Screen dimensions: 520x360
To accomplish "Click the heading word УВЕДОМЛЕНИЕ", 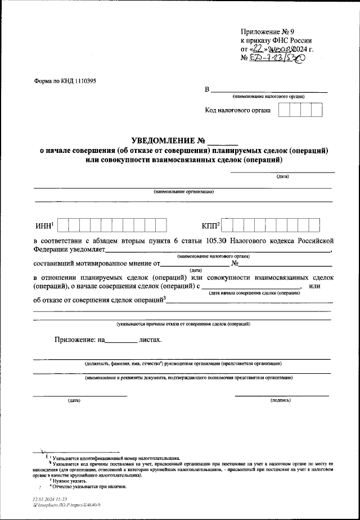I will [163, 140].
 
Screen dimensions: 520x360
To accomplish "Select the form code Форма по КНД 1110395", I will [65, 80].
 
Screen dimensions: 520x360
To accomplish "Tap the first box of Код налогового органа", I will [285, 110].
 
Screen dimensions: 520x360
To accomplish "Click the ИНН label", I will [43, 226].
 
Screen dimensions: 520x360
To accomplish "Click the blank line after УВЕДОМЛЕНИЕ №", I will [223, 142].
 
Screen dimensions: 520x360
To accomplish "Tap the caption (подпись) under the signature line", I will [281, 400].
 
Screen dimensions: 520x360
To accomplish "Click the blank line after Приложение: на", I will [121, 341].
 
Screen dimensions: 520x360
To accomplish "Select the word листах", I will [150, 340].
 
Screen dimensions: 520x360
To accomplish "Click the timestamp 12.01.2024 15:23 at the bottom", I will [49, 499].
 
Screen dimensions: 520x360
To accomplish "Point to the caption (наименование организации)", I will [183, 192].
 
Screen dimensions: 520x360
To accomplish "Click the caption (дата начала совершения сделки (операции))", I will [254, 293].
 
